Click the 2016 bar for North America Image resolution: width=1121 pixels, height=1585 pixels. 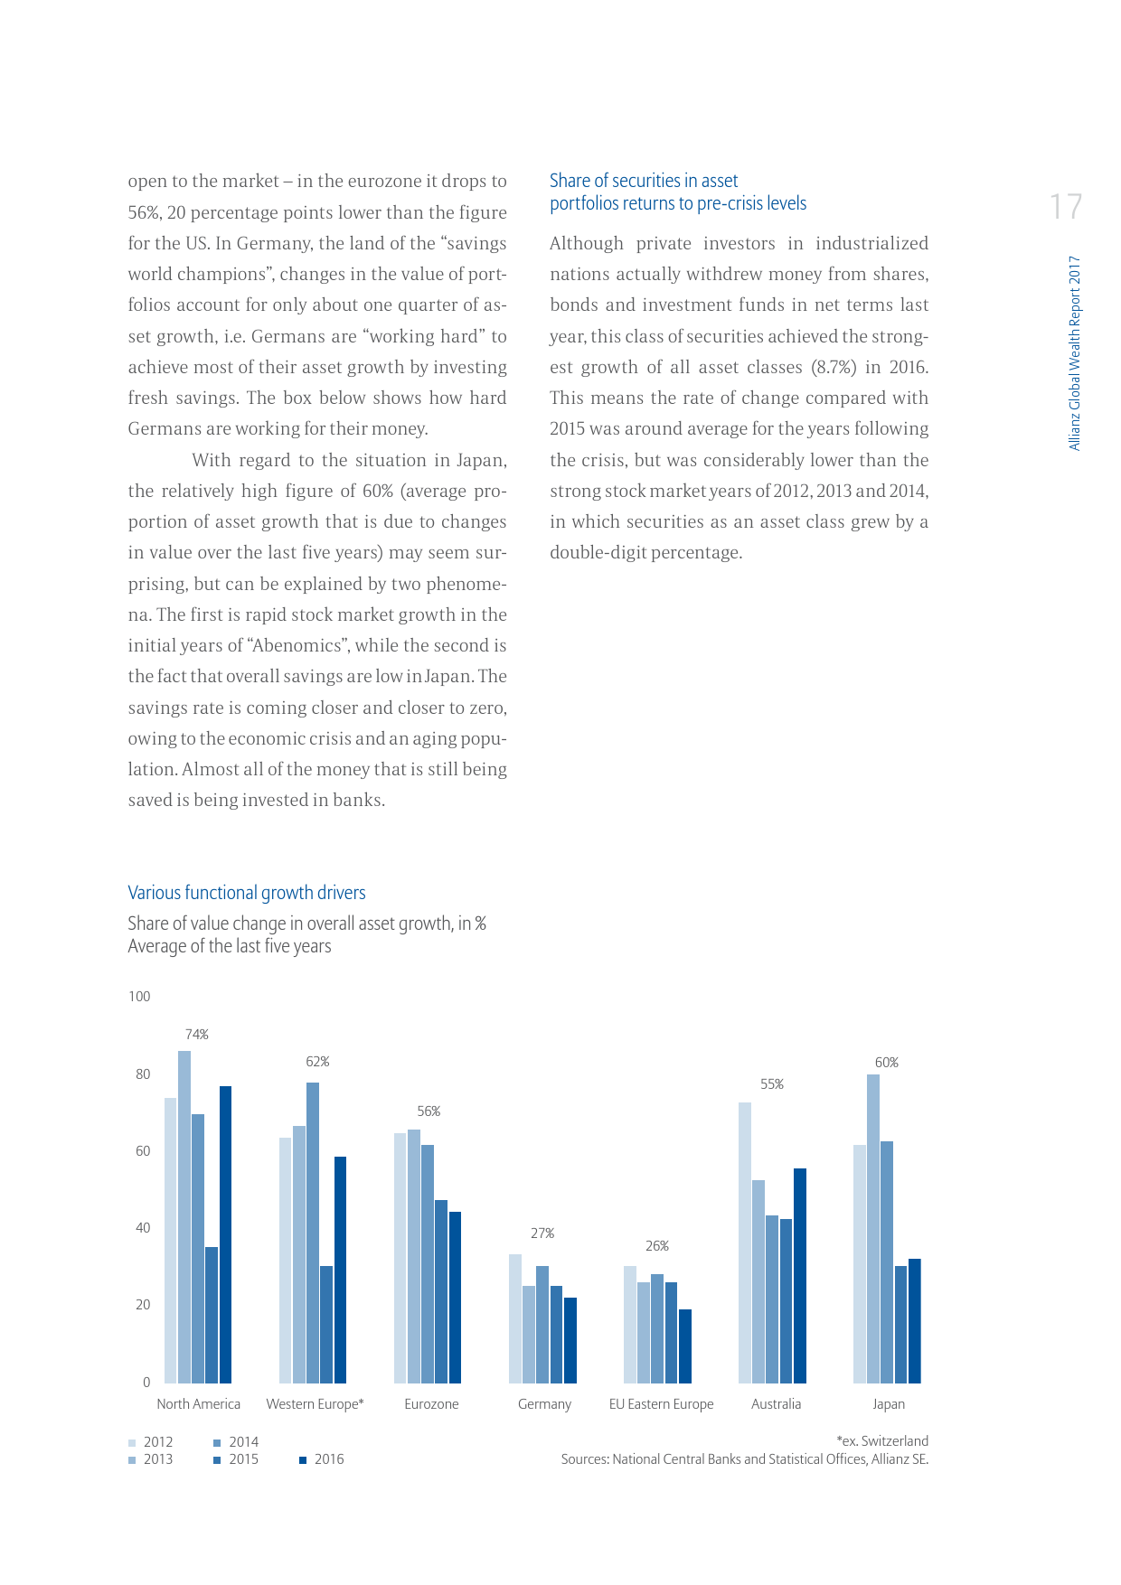tap(225, 1233)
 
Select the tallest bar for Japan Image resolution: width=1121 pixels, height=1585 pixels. tap(873, 1228)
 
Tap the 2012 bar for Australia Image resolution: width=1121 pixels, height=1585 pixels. tap(744, 1243)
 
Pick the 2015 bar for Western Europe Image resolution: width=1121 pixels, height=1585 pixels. tap(326, 1324)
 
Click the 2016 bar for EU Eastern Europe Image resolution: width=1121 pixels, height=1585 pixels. tap(685, 1346)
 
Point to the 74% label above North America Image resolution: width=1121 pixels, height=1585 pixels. tap(197, 1035)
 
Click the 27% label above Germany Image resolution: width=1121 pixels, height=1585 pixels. tap(542, 1233)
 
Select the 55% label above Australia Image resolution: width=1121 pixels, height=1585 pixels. tap(772, 1084)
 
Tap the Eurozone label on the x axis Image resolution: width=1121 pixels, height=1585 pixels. tap(431, 1404)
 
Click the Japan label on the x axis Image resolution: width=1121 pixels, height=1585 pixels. tap(889, 1404)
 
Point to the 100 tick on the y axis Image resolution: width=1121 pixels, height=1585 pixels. tap(139, 997)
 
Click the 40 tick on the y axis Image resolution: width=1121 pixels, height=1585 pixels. tap(143, 1228)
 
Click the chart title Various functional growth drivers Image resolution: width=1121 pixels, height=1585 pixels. tap(247, 893)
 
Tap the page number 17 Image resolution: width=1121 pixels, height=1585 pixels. tap(1066, 207)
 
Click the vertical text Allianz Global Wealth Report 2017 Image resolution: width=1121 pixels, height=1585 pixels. tap(1075, 352)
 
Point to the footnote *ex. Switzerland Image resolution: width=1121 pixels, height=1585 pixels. tap(882, 1441)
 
